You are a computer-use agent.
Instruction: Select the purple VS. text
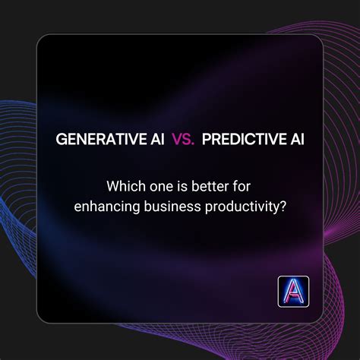click(182, 141)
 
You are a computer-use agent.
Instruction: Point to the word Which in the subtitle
click(123, 185)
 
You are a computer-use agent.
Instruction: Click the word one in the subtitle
click(156, 185)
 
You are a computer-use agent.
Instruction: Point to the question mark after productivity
click(283, 205)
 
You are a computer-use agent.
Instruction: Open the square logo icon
click(293, 291)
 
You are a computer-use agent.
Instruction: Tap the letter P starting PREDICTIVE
click(207, 141)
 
